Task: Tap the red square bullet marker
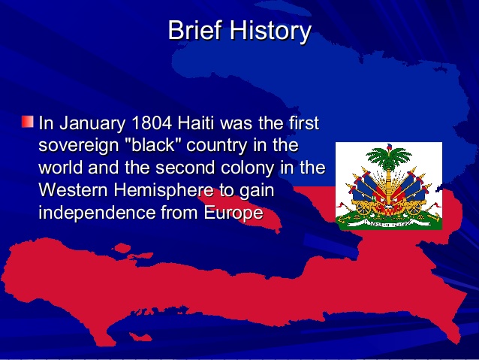(x=28, y=121)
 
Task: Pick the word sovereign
(x=77, y=145)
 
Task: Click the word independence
(x=97, y=213)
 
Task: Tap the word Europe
(x=233, y=213)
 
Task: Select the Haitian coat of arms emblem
(x=388, y=186)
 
